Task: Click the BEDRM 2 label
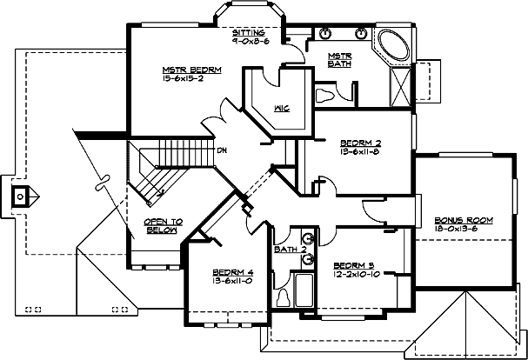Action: point(361,141)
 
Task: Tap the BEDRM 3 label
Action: point(355,264)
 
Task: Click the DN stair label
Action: point(222,148)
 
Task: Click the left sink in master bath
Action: point(325,35)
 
